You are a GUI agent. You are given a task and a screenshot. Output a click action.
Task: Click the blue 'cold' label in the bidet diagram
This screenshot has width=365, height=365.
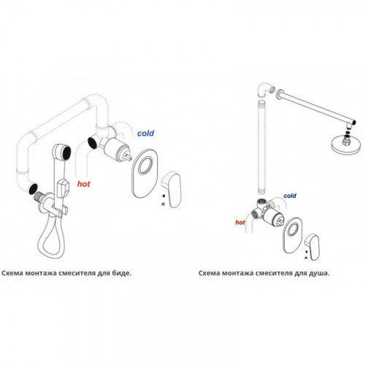click(145, 133)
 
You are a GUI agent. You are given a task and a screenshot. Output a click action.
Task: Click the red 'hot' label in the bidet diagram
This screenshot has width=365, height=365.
click(83, 184)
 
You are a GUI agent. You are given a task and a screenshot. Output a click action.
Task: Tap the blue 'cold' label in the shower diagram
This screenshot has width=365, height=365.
click(290, 196)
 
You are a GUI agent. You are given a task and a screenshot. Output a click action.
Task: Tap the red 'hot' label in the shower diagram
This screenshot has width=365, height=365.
click(240, 222)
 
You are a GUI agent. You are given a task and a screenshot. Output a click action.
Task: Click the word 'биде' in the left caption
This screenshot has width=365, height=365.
click(121, 273)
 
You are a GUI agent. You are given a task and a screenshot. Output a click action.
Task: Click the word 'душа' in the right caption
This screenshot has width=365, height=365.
click(319, 273)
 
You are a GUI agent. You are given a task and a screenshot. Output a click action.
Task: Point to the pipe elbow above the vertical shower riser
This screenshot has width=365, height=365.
click(266, 89)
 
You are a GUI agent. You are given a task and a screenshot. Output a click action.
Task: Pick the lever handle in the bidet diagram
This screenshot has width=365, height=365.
click(172, 189)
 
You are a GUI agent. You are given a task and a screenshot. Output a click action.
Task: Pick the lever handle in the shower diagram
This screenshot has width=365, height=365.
click(312, 247)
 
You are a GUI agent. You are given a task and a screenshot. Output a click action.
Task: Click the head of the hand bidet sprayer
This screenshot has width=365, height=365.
click(62, 152)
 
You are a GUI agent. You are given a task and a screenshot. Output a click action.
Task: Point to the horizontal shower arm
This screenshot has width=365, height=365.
click(316, 107)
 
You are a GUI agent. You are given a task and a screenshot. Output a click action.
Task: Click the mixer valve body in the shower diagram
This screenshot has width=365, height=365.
click(267, 211)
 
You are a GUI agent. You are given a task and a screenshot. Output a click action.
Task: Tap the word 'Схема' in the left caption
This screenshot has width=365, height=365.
click(12, 273)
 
